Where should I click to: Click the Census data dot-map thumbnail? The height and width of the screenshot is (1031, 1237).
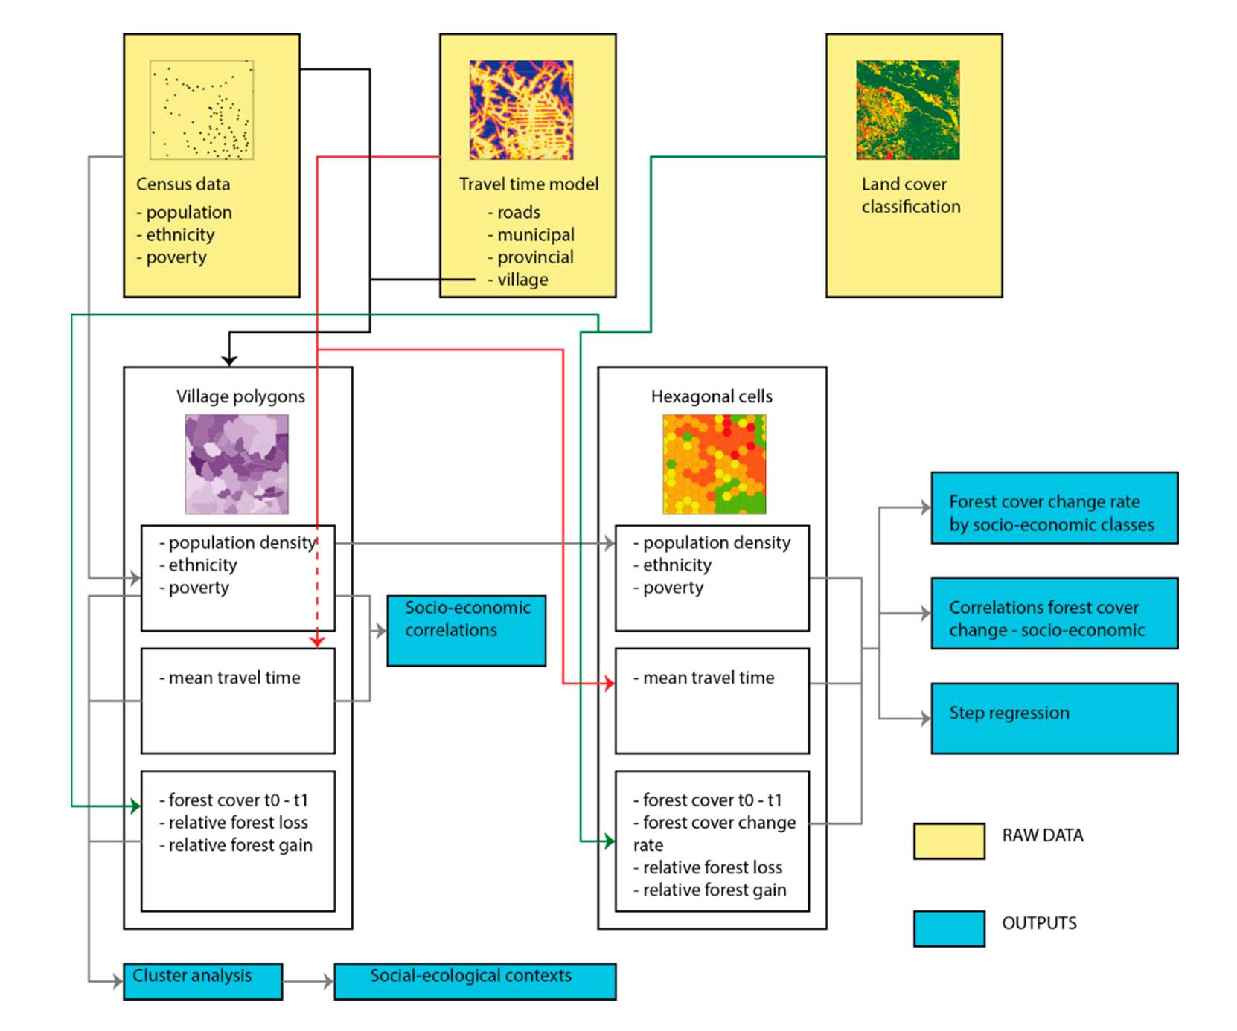click(x=201, y=110)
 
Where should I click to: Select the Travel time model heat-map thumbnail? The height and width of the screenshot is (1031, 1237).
click(x=521, y=110)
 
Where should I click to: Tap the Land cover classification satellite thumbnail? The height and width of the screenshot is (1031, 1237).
click(x=907, y=110)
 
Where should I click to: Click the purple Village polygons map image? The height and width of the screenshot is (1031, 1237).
click(x=237, y=464)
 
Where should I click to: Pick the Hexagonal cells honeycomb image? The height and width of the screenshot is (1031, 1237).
click(x=714, y=464)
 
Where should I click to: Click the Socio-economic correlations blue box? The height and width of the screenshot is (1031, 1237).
click(x=466, y=630)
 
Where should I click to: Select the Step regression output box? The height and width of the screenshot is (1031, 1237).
click(x=1054, y=718)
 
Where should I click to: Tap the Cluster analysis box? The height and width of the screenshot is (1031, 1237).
click(x=202, y=981)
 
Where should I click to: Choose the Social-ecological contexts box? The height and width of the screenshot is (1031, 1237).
click(x=475, y=981)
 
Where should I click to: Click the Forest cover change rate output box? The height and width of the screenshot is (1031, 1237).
click(x=1054, y=507)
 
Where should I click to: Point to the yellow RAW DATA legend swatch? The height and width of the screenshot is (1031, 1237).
click(x=949, y=841)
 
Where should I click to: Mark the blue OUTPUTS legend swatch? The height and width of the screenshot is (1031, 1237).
click(x=949, y=928)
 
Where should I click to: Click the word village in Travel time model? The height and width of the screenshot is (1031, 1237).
click(x=522, y=280)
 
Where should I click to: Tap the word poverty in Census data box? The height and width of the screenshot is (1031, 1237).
click(x=176, y=257)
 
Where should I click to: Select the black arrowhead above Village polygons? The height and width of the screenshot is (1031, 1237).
click(x=229, y=360)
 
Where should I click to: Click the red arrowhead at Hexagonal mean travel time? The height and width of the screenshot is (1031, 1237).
click(x=610, y=683)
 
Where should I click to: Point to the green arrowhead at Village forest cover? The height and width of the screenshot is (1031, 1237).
click(x=135, y=806)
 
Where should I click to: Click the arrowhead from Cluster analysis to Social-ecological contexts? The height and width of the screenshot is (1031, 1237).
click(x=328, y=982)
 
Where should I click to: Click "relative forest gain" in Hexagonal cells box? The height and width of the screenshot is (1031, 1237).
click(x=715, y=890)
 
